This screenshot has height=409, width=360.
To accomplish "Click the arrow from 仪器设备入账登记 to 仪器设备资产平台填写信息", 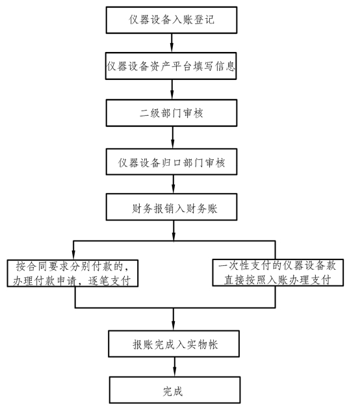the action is click(172, 43).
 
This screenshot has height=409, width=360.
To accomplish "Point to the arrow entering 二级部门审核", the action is click(172, 90).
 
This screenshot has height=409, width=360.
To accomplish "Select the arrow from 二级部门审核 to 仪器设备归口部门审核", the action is click(172, 137).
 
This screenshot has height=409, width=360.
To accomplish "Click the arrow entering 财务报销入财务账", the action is click(174, 184).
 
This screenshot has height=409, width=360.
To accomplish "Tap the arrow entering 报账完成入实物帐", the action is click(174, 319).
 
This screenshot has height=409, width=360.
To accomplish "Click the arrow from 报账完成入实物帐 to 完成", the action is click(174, 367).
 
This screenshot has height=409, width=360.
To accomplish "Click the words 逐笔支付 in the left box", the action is click(109, 281).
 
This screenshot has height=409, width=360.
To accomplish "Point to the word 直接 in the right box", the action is click(235, 280).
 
